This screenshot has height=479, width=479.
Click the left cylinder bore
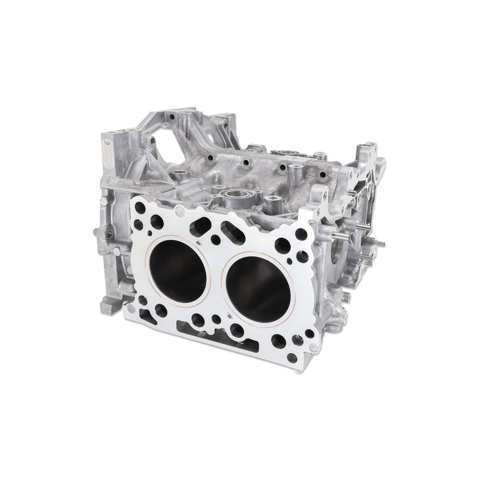[x=177, y=271]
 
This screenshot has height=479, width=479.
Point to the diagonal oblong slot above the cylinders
[x=232, y=232]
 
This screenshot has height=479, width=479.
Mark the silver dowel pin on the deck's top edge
[x=180, y=211]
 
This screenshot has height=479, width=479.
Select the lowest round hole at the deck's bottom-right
[x=292, y=358]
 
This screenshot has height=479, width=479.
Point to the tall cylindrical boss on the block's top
[x=295, y=173]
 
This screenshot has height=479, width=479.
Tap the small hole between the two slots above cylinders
[x=216, y=239]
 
